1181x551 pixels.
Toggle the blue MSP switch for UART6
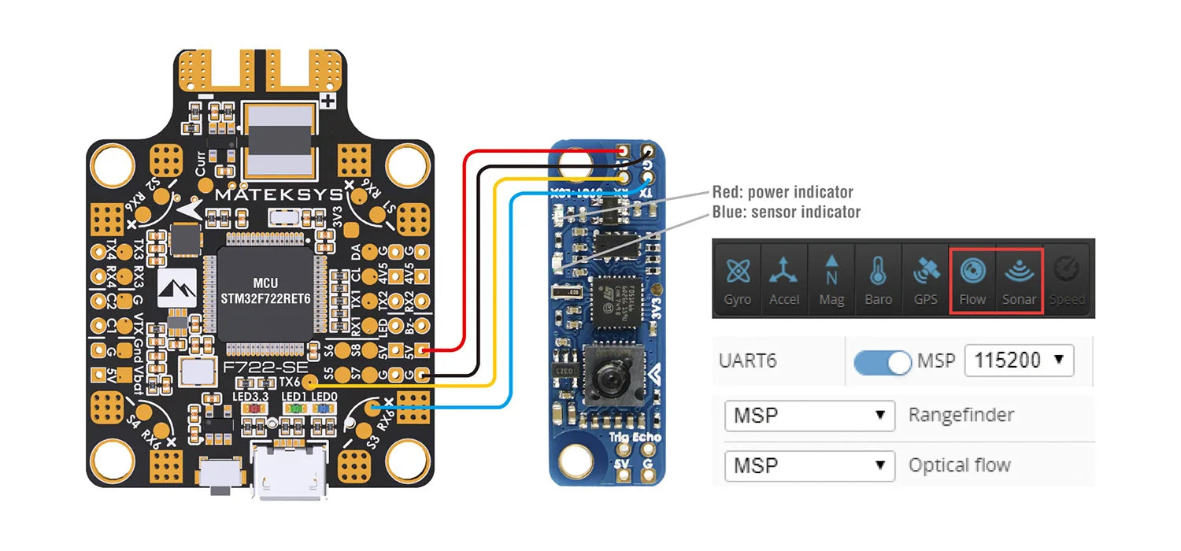(883, 361)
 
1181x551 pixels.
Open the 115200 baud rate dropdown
(1018, 361)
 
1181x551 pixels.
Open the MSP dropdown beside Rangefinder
(809, 415)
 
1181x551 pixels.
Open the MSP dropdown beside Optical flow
(809, 466)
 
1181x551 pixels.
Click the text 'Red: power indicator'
(782, 192)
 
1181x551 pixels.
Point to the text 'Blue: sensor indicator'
(786, 212)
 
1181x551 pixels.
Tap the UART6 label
(747, 361)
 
